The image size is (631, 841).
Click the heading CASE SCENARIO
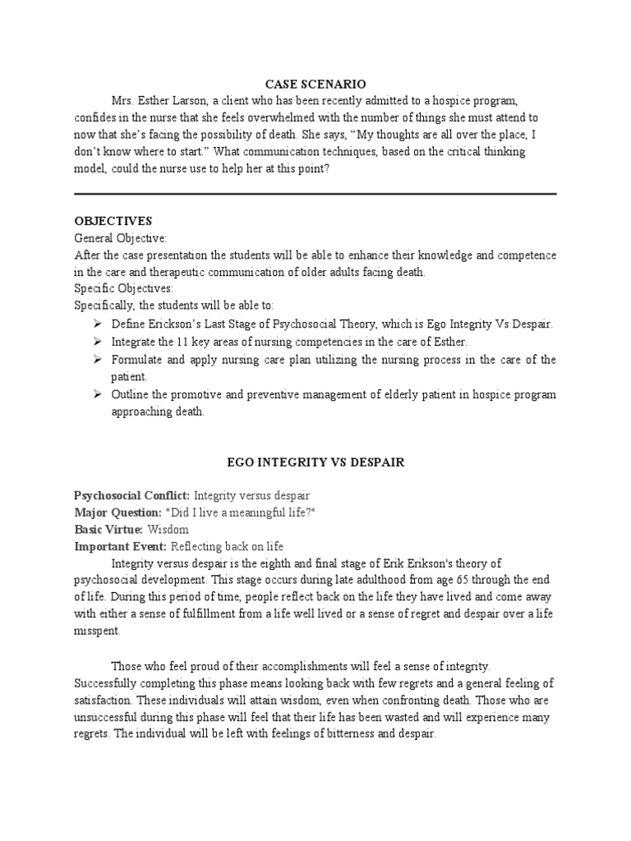(315, 84)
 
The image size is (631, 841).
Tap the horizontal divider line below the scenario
(315, 194)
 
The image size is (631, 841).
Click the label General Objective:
(120, 238)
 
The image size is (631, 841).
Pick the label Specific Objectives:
(122, 290)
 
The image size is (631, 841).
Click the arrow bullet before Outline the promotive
(98, 395)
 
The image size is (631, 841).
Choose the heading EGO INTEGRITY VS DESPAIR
(315, 463)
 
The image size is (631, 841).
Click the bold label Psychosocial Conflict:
(131, 496)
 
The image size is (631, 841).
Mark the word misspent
(95, 632)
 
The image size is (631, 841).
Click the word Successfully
(107, 683)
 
